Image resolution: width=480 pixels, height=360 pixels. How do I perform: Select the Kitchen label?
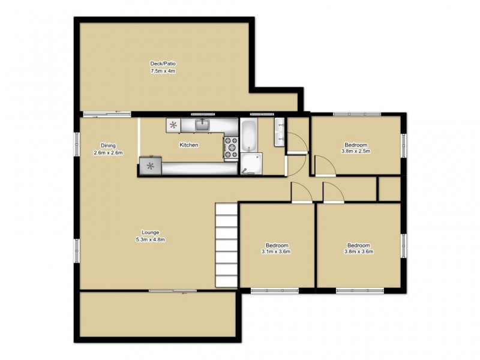click(188, 145)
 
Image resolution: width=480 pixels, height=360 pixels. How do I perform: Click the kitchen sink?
click(203, 125)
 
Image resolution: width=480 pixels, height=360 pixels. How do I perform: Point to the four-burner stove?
click(231, 148)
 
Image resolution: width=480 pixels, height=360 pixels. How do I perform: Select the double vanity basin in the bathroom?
click(279, 133)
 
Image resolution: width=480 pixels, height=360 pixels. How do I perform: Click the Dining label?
click(108, 145)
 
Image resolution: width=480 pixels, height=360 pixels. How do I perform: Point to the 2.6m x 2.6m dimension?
click(108, 153)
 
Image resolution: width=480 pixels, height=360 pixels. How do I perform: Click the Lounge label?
click(150, 232)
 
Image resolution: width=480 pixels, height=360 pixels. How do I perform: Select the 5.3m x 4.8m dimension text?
click(150, 240)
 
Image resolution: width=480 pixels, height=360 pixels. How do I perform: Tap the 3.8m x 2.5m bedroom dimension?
click(356, 151)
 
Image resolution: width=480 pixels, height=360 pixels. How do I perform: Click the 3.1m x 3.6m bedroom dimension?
click(276, 252)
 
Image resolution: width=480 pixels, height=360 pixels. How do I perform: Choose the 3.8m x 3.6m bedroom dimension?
click(359, 252)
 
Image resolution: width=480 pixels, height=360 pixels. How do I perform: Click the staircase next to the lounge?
click(227, 246)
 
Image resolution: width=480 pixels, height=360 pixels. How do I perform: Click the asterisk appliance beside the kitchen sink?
click(173, 125)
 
